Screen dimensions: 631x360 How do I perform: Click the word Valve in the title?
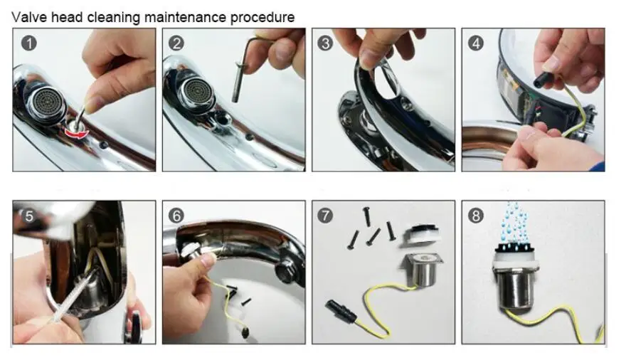(30, 17)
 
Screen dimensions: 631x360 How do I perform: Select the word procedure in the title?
(263, 18)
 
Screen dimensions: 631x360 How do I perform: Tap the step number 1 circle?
(28, 43)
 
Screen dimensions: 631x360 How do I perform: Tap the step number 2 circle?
(176, 43)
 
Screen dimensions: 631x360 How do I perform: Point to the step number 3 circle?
(325, 43)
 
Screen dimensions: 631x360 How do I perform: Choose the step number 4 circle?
(476, 43)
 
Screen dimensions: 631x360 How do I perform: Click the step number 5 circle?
(28, 216)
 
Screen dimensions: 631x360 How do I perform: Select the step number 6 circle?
(176, 216)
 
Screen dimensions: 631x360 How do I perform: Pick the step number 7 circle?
(325, 216)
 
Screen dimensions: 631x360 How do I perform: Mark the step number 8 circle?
(476, 216)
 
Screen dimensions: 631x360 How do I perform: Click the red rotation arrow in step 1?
(77, 132)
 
